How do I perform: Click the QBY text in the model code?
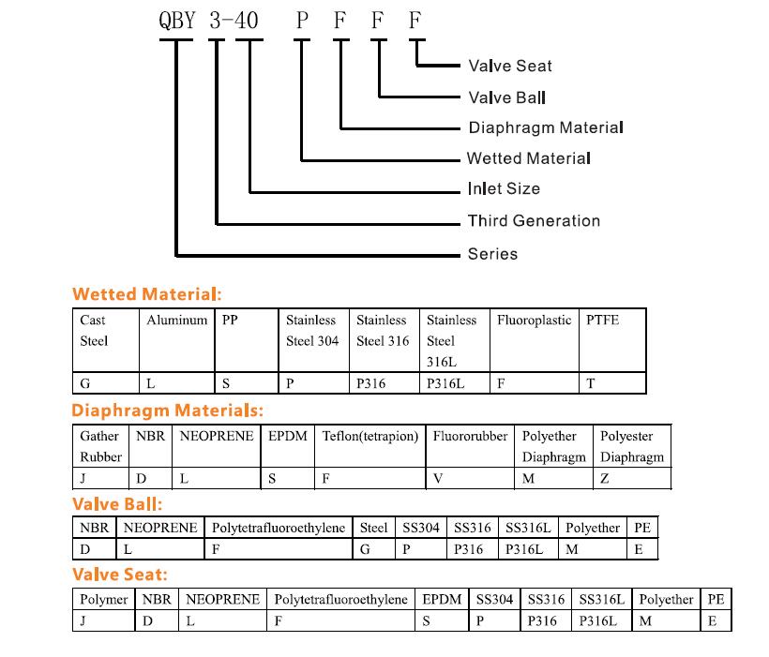coord(177,21)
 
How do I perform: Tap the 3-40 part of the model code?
coord(234,21)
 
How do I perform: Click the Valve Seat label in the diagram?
coord(510,66)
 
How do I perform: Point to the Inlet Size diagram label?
coord(504,188)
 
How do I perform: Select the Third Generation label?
coord(534,220)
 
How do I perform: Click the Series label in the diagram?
coord(492,253)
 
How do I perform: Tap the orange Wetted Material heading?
coord(146,294)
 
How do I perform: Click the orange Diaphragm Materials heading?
coord(167,411)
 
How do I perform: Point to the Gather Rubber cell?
coord(100,446)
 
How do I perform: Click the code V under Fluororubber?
coord(437,479)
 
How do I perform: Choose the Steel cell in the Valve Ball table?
coord(373,528)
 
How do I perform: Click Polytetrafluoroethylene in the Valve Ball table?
coord(279,528)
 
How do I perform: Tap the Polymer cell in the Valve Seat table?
coord(103,600)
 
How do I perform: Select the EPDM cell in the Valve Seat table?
coord(442,600)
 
